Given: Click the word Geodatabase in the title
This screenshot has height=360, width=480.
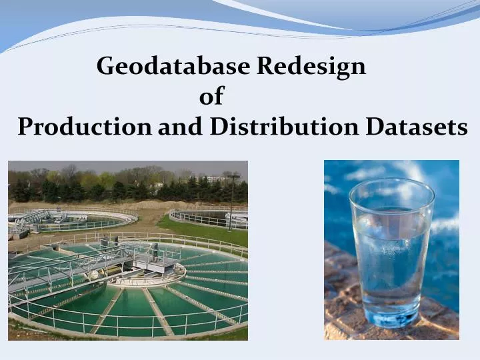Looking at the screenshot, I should (x=173, y=66).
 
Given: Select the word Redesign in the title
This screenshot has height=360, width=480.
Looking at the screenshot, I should (x=311, y=66).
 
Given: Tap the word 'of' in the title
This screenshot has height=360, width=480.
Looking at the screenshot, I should (x=211, y=97).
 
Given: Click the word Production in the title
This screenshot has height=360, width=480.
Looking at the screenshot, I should (x=85, y=127).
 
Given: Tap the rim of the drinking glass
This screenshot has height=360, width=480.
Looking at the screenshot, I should (x=391, y=187).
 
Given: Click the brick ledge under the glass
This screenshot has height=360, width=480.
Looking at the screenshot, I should (x=347, y=313).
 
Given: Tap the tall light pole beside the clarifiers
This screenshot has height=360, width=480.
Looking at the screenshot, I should (x=231, y=200).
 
